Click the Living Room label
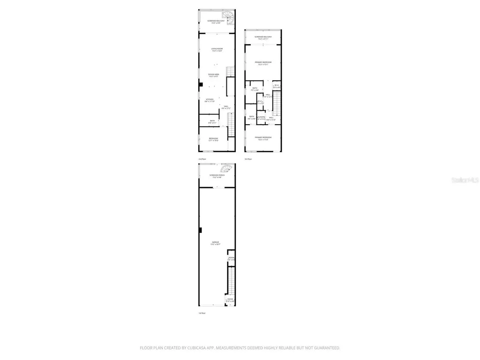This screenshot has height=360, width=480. [x=217, y=49]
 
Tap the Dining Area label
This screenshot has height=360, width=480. [x=214, y=75]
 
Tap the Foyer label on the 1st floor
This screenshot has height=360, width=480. [x=230, y=300]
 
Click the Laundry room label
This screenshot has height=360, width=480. [x=261, y=117]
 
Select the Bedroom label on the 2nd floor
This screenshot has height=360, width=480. [x=213, y=138]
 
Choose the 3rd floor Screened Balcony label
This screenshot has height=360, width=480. [x=263, y=37]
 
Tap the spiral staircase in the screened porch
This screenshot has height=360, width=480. [x=226, y=168]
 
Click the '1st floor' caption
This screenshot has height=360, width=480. [x=202, y=313]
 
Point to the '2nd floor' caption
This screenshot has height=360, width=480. [x=202, y=159]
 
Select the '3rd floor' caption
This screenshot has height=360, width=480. [x=248, y=159]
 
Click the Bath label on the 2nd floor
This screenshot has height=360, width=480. [x=212, y=121]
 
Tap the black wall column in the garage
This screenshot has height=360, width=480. [x=200, y=230]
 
